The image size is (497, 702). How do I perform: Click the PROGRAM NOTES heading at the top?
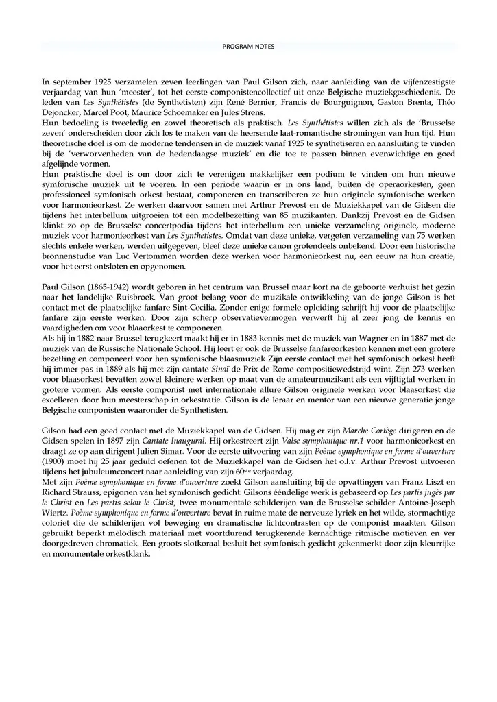(248, 47)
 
